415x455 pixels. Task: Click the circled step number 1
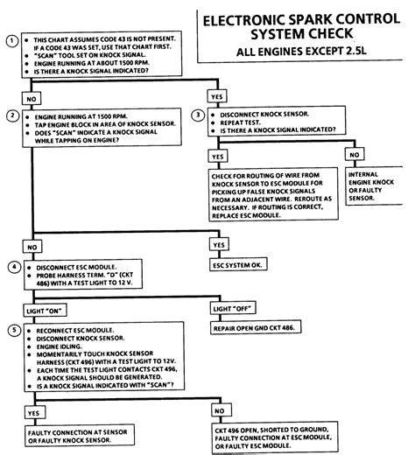[x=11, y=40]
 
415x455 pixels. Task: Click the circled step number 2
[x=11, y=115]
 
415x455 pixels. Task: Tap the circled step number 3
[x=199, y=115]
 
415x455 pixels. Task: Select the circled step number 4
[x=11, y=267]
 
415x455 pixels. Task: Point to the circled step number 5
[x=11, y=330]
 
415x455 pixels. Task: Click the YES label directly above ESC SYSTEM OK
[x=220, y=244]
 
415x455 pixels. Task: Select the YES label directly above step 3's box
[x=216, y=94]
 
